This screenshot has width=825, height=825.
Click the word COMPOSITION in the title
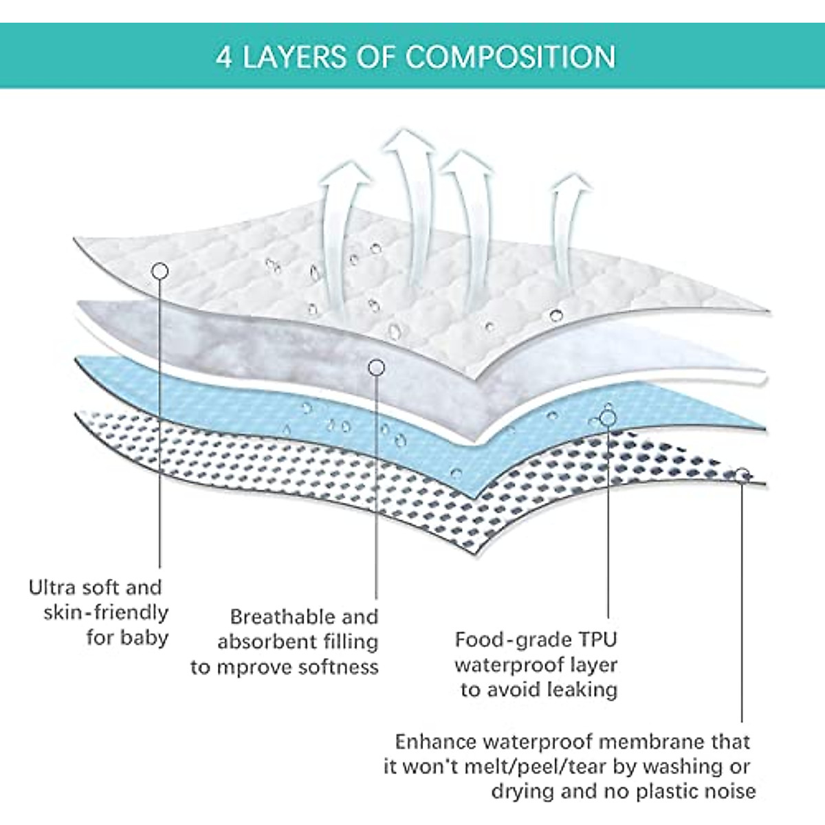point(511,57)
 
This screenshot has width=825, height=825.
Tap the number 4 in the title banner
point(223,57)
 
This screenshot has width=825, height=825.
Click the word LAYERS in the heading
point(294,57)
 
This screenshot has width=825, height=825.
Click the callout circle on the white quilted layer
point(159,271)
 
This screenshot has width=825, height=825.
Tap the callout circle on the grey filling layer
point(376,368)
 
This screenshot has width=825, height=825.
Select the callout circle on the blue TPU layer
point(608,417)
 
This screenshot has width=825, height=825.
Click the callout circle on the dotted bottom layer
point(742,474)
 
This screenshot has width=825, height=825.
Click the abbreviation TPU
point(596,640)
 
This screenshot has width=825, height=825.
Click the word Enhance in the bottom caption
point(435,742)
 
